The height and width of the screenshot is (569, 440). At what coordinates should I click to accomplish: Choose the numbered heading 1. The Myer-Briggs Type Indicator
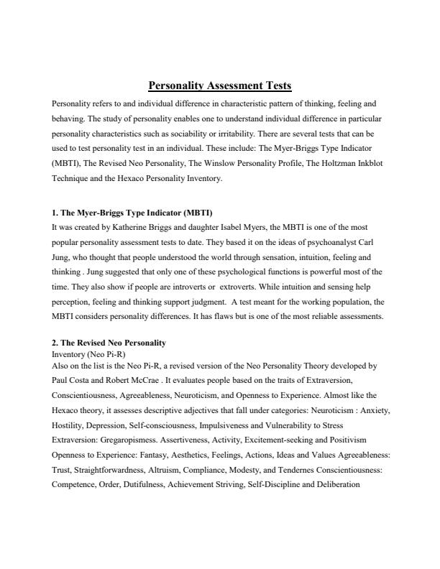[x=133, y=213]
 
